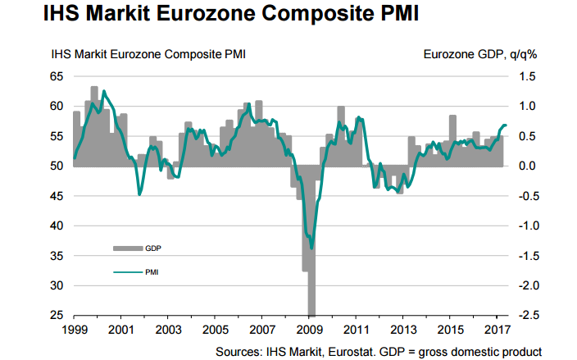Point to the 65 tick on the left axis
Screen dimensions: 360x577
coord(57,76)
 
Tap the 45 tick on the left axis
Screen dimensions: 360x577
coord(57,196)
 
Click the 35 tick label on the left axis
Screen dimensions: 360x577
coord(57,256)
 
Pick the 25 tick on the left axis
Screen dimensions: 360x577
coord(57,316)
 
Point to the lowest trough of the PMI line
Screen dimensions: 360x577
coord(311,247)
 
